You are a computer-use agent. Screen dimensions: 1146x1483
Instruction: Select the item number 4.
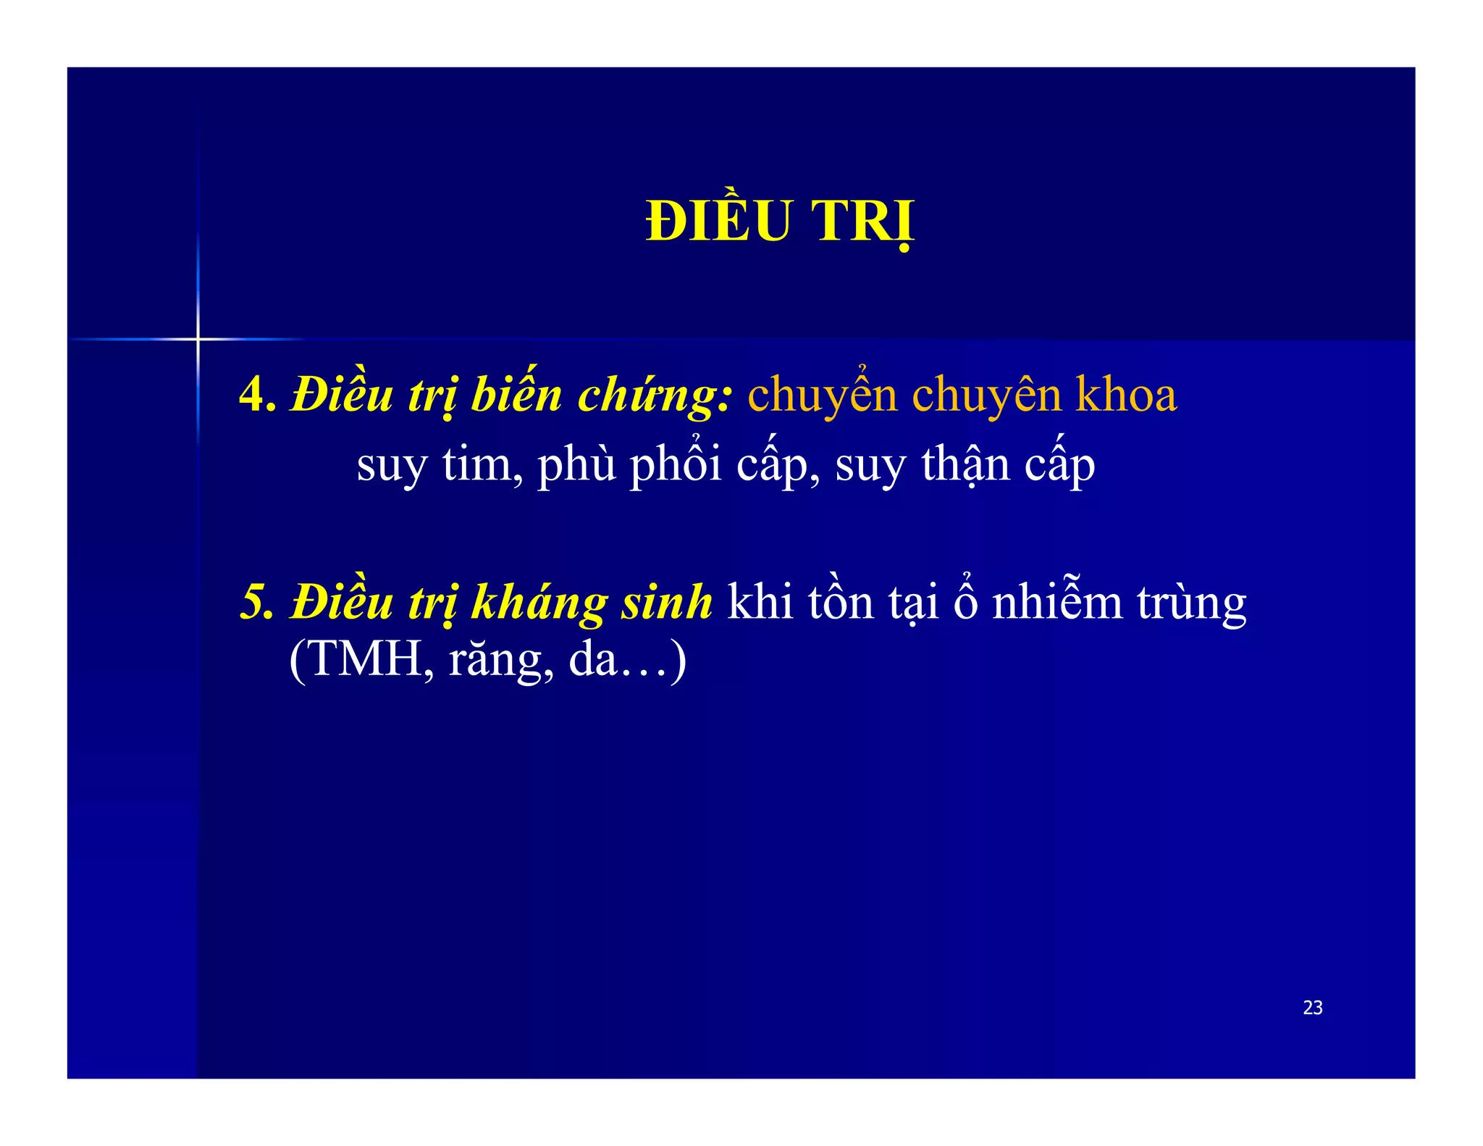[x=257, y=396]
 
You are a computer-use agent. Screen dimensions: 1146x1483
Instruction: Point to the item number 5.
[x=257, y=603]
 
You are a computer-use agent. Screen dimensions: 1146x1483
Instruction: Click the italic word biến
[x=516, y=396]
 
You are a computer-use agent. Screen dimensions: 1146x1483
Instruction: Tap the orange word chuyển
[x=823, y=396]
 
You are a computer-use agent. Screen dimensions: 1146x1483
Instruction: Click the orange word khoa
[x=1126, y=396]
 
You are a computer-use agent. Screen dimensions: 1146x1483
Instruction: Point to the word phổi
[x=676, y=464]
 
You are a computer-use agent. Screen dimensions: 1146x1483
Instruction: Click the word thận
[x=965, y=464]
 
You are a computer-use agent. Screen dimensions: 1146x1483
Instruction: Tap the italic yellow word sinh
[x=667, y=603]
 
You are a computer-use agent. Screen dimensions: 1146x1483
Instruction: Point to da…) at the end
[x=627, y=660]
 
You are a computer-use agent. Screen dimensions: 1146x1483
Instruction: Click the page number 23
[x=1312, y=1008]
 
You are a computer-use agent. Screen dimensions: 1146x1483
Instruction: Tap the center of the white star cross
[x=198, y=338]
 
